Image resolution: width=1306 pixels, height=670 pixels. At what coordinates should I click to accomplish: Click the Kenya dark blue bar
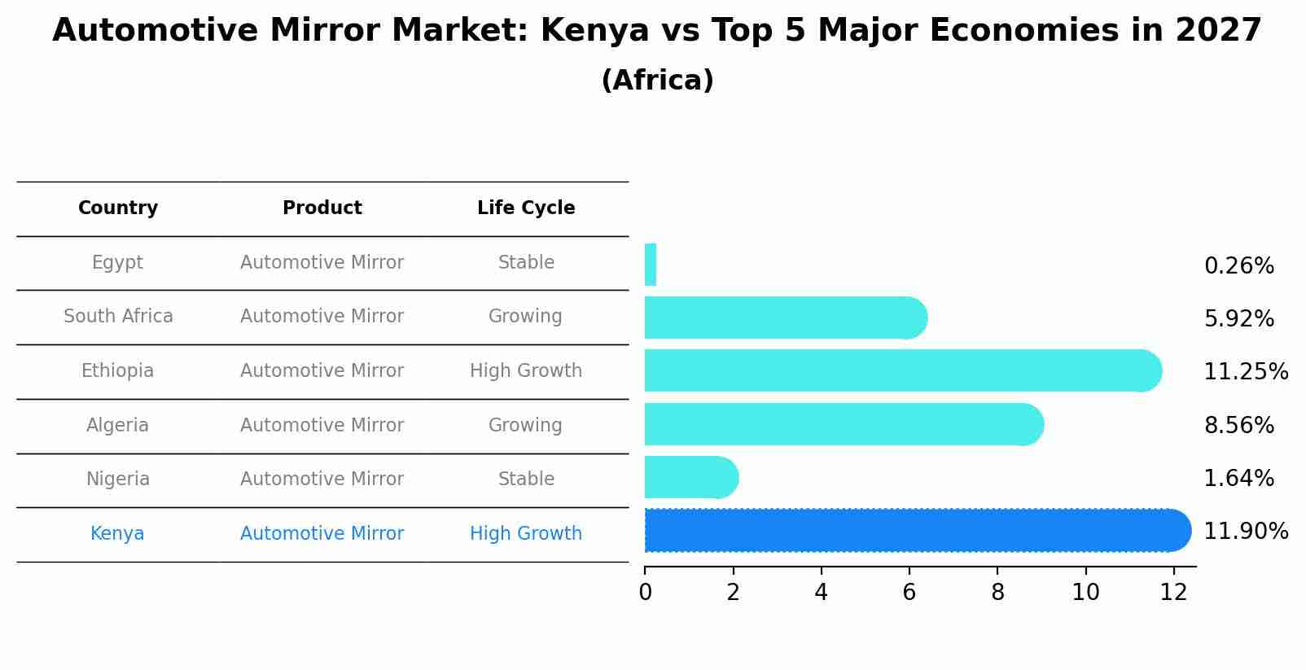(x=912, y=530)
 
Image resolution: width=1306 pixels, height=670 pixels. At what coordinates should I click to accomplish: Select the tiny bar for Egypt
(x=650, y=265)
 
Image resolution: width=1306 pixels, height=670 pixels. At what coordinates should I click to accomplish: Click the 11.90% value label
(x=1245, y=532)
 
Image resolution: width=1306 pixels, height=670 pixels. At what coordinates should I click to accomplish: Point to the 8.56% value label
(x=1238, y=425)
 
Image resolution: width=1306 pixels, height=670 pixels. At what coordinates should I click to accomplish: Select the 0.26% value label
(x=1238, y=266)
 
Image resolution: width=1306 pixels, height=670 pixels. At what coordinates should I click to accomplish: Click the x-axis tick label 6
(x=909, y=593)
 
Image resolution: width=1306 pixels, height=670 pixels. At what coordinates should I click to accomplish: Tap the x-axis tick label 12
(x=1173, y=593)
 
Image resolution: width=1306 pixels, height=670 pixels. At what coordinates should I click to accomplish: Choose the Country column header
(x=118, y=208)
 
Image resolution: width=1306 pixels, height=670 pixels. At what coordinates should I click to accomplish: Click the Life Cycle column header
(x=526, y=208)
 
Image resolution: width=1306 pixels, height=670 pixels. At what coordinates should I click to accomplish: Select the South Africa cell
(x=118, y=317)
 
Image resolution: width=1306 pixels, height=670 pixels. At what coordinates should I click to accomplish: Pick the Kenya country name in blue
(x=117, y=534)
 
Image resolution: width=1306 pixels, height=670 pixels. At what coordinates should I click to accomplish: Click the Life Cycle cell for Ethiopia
(x=526, y=371)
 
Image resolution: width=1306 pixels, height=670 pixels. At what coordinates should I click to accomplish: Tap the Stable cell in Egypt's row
(x=526, y=263)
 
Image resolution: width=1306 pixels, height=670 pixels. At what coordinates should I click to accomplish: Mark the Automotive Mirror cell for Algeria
(x=322, y=426)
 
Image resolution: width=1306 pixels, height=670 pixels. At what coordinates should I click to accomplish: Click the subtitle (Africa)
(x=657, y=81)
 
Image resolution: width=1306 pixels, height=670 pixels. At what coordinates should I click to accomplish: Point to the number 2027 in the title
(x=1218, y=31)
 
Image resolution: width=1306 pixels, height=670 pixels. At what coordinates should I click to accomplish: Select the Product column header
(x=322, y=208)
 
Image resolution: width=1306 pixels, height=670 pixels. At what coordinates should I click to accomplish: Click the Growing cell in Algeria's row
(x=525, y=426)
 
